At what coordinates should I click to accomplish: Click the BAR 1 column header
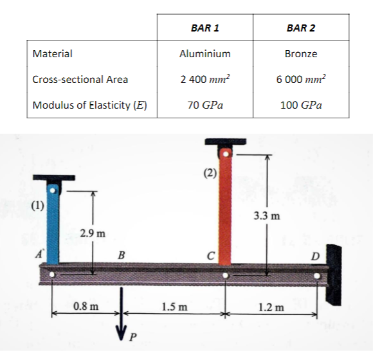click(205, 28)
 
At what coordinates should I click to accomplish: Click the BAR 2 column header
click(301, 28)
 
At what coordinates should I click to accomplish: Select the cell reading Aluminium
click(205, 54)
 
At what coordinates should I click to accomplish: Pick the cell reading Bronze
click(301, 54)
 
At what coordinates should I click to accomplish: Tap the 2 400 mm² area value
click(205, 80)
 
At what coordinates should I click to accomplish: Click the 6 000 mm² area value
click(301, 80)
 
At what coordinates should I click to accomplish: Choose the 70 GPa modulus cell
click(205, 105)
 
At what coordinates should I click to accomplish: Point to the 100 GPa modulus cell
click(301, 105)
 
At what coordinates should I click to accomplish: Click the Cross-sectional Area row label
click(80, 80)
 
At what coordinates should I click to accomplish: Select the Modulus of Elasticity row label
click(87, 105)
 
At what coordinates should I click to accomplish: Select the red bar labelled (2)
click(226, 206)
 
